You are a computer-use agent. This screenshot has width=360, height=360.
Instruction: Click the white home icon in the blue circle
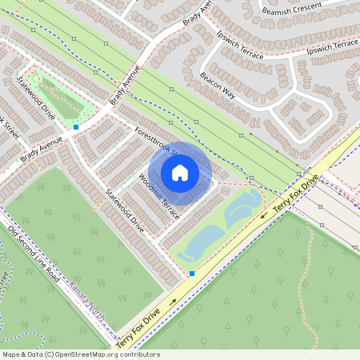(x=180, y=173)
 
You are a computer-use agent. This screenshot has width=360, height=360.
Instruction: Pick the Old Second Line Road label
(x=34, y=253)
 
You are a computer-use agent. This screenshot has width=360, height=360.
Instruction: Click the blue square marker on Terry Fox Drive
(x=192, y=274)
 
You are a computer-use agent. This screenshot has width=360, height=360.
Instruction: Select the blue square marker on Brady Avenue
(x=76, y=126)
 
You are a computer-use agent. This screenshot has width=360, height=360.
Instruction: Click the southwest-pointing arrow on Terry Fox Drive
(x=263, y=214)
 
